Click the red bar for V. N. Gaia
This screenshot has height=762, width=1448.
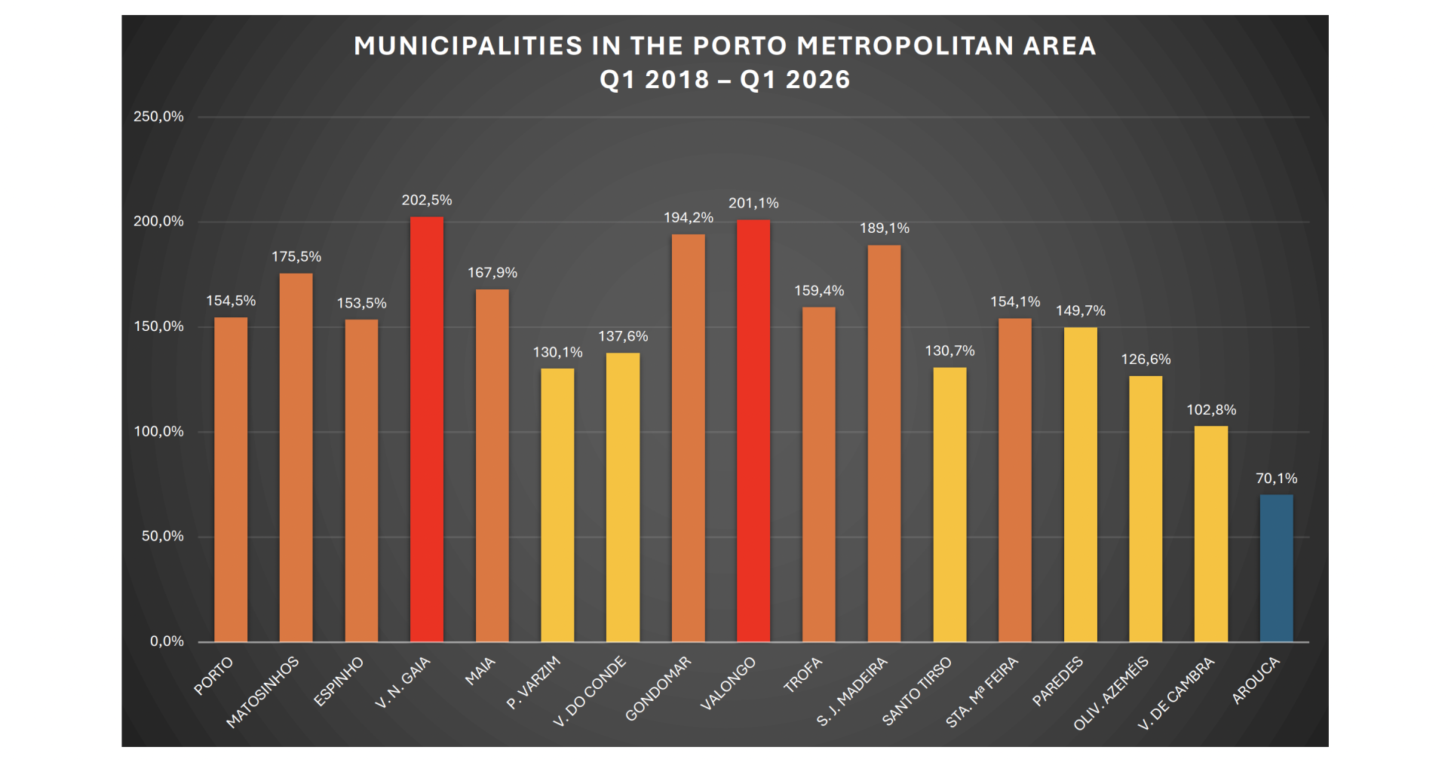(x=427, y=430)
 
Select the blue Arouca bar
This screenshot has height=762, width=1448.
(x=1276, y=568)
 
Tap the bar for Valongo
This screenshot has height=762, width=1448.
(x=753, y=431)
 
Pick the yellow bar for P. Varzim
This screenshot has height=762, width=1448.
(x=557, y=505)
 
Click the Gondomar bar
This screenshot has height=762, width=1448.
(x=689, y=438)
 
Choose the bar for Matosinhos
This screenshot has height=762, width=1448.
(x=296, y=458)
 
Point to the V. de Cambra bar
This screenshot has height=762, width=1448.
(x=1211, y=534)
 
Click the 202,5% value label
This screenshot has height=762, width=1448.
(x=427, y=200)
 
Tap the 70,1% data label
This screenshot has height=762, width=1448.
(x=1276, y=478)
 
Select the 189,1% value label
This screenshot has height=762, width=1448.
(x=885, y=228)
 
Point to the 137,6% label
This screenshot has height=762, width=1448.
(x=623, y=336)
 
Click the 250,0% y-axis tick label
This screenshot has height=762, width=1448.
(x=158, y=116)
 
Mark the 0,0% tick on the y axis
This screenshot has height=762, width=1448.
(x=167, y=641)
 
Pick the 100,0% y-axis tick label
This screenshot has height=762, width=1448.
(x=158, y=431)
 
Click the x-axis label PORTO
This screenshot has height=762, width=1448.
(x=213, y=676)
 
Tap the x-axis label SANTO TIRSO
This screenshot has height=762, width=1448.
(x=917, y=691)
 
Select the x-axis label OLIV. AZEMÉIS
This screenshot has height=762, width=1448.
(x=1111, y=693)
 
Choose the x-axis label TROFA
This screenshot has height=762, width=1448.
(x=802, y=675)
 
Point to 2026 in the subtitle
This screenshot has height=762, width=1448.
(x=818, y=79)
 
